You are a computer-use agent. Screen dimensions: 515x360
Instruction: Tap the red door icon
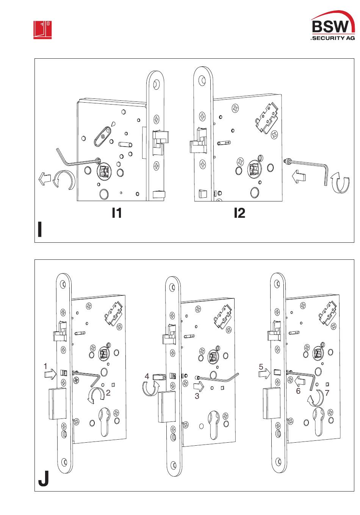coord(42,30)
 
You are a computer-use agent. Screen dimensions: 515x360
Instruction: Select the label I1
coord(117,213)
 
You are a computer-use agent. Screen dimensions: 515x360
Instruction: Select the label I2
coord(239,213)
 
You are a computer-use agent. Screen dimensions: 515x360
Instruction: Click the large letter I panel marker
coord(40,230)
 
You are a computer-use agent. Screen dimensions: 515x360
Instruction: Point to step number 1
coord(45,367)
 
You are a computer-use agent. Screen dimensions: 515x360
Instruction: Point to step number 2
coord(108,393)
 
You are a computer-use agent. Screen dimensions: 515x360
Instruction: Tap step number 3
coord(197,396)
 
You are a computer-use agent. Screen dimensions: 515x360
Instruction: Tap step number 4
coord(147,376)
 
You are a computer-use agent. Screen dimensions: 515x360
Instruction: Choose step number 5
coord(261,367)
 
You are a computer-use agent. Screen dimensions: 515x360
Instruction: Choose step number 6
coord(298,391)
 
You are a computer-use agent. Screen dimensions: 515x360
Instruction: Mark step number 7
coord(327,393)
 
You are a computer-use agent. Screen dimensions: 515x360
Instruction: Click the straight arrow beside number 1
coord(50,374)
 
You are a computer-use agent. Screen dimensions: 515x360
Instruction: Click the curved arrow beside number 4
coord(150,388)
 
